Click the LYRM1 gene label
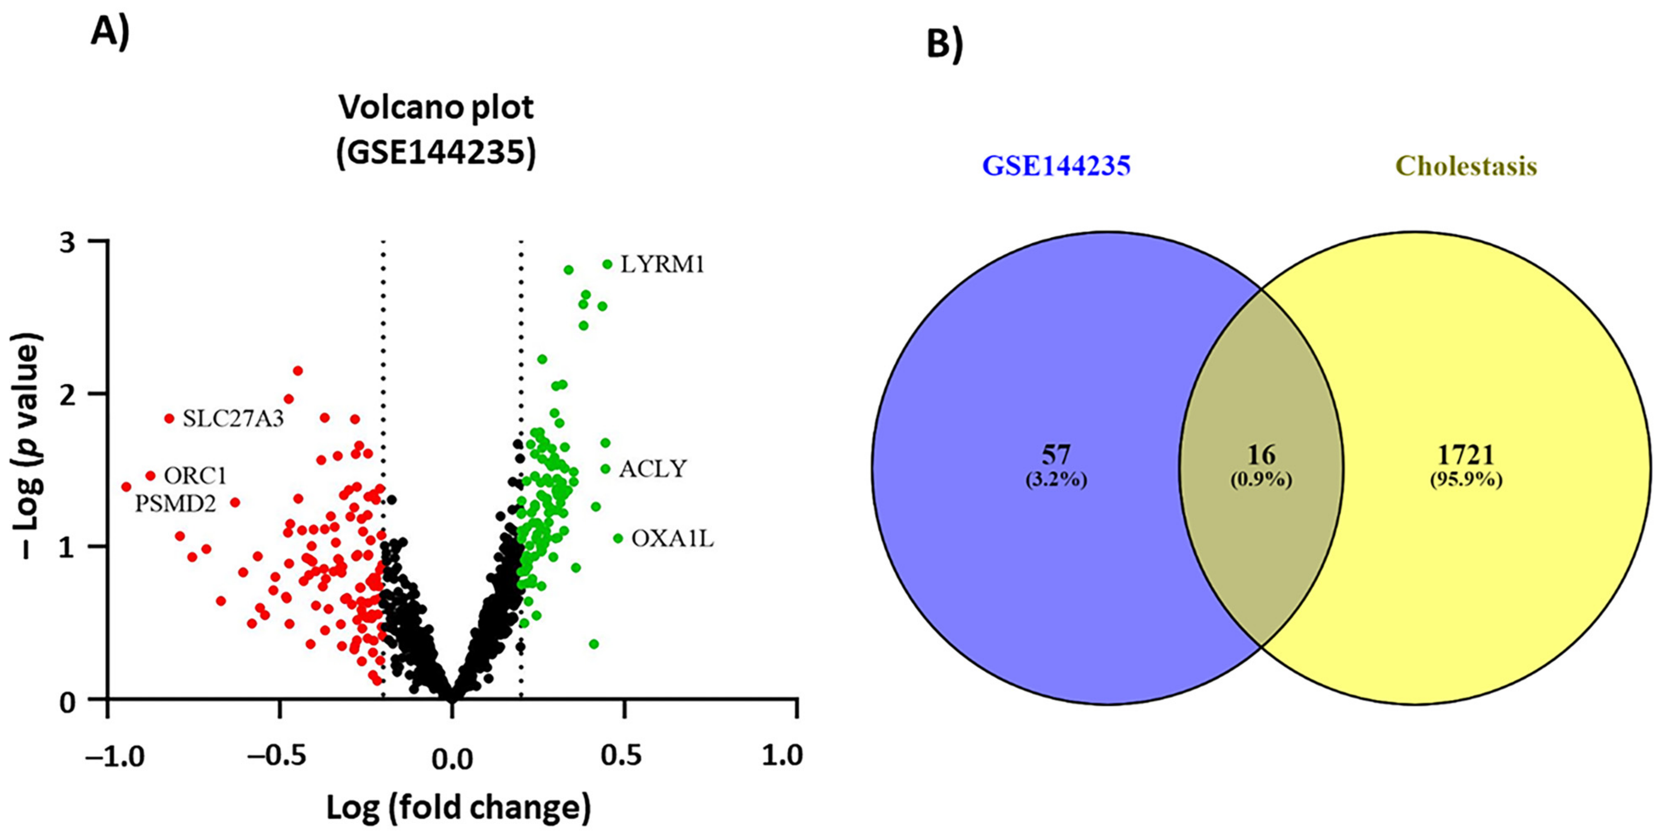pos(662,264)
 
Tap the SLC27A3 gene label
pos(232,419)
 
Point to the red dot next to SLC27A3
pos(169,418)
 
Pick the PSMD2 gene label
pos(175,504)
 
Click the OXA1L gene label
pos(672,538)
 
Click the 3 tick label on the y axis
pos(68,242)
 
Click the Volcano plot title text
pos(436,108)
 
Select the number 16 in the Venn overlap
pos(1261,455)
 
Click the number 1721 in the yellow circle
pos(1466,455)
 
